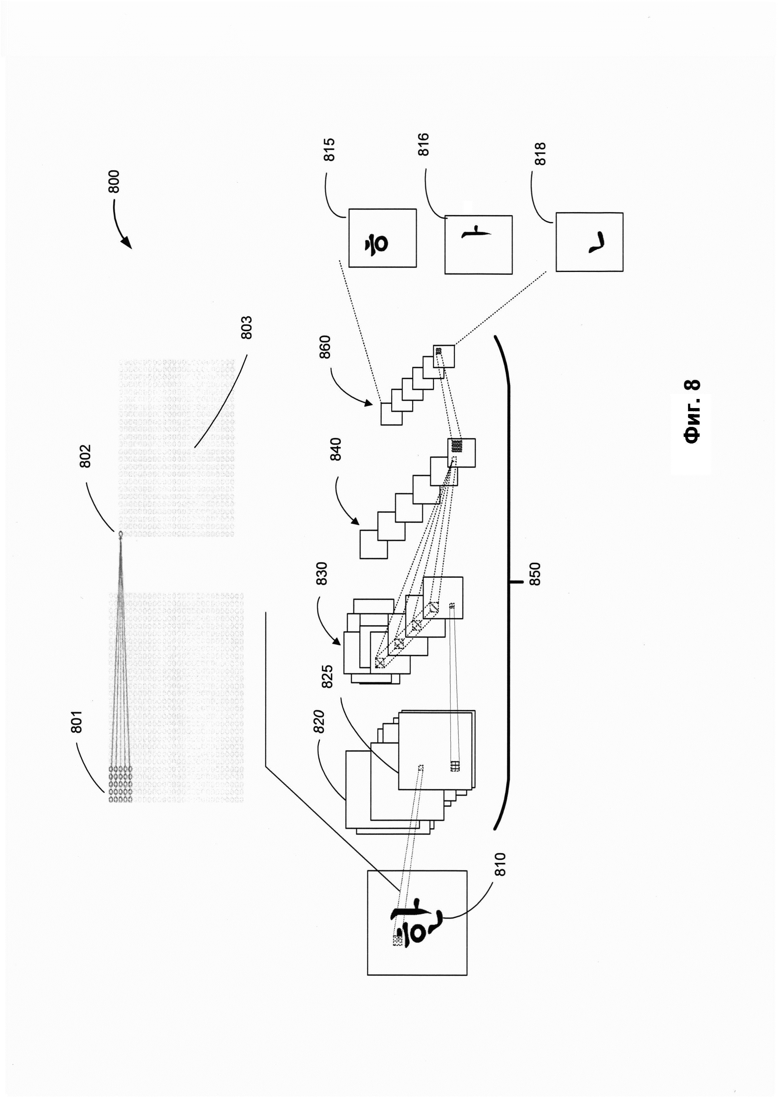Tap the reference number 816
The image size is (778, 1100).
[424, 144]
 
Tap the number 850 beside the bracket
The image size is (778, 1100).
[535, 574]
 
